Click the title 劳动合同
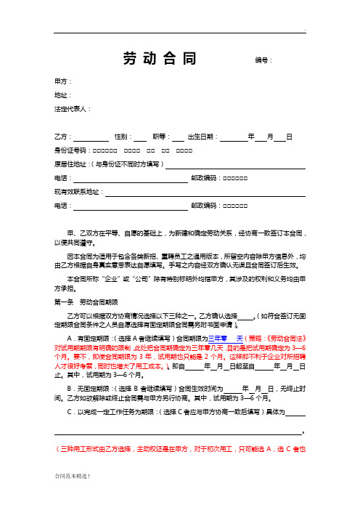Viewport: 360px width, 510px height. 155,58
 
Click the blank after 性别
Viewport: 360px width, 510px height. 140,137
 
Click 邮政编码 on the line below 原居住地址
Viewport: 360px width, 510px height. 205,178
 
